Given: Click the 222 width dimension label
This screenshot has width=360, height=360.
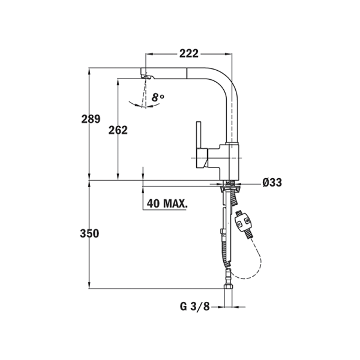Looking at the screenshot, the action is [189, 54].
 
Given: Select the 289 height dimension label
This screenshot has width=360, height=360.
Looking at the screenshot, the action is [91, 119].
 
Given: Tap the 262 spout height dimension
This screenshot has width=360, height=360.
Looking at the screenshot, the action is [118, 130].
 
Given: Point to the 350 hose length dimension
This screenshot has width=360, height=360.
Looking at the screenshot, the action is [89, 233].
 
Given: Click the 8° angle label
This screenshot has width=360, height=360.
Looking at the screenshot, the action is [158, 97].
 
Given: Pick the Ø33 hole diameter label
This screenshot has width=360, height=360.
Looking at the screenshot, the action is [272, 182].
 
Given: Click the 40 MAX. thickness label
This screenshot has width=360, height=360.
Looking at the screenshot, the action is [167, 203].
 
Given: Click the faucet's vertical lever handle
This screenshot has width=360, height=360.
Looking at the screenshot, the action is [199, 134].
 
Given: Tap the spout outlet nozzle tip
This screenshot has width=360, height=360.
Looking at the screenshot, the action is [146, 76].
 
